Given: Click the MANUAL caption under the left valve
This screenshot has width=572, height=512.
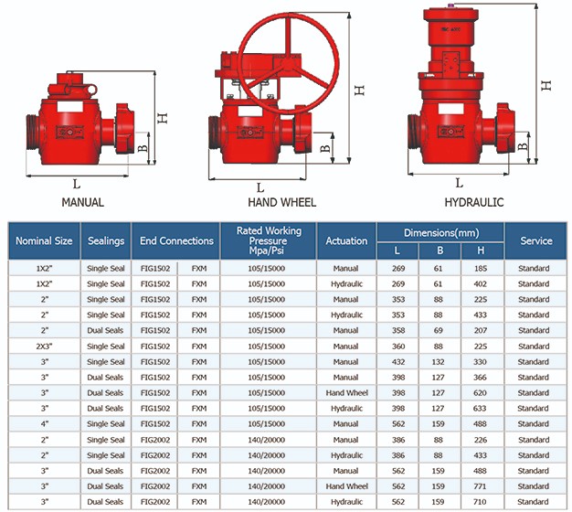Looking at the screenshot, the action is pos(83,202).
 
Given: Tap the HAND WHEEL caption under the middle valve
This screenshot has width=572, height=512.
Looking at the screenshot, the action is pos(282,202).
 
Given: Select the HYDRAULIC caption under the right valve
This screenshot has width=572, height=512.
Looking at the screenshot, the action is pos(474,202).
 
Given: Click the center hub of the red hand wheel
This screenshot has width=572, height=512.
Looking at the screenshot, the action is pos(288,64).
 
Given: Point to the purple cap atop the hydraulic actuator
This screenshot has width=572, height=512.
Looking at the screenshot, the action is pos(450,5).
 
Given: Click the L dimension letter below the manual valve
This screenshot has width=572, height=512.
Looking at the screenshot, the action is pos(76,184).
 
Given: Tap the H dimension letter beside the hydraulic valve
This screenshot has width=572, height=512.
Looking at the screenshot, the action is pos(546,85).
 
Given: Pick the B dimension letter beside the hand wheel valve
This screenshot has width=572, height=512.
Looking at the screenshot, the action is pos(325,148).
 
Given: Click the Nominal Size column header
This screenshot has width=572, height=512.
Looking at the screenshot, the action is pos(44,240).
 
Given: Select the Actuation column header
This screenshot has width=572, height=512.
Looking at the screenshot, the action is pos(346,240).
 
